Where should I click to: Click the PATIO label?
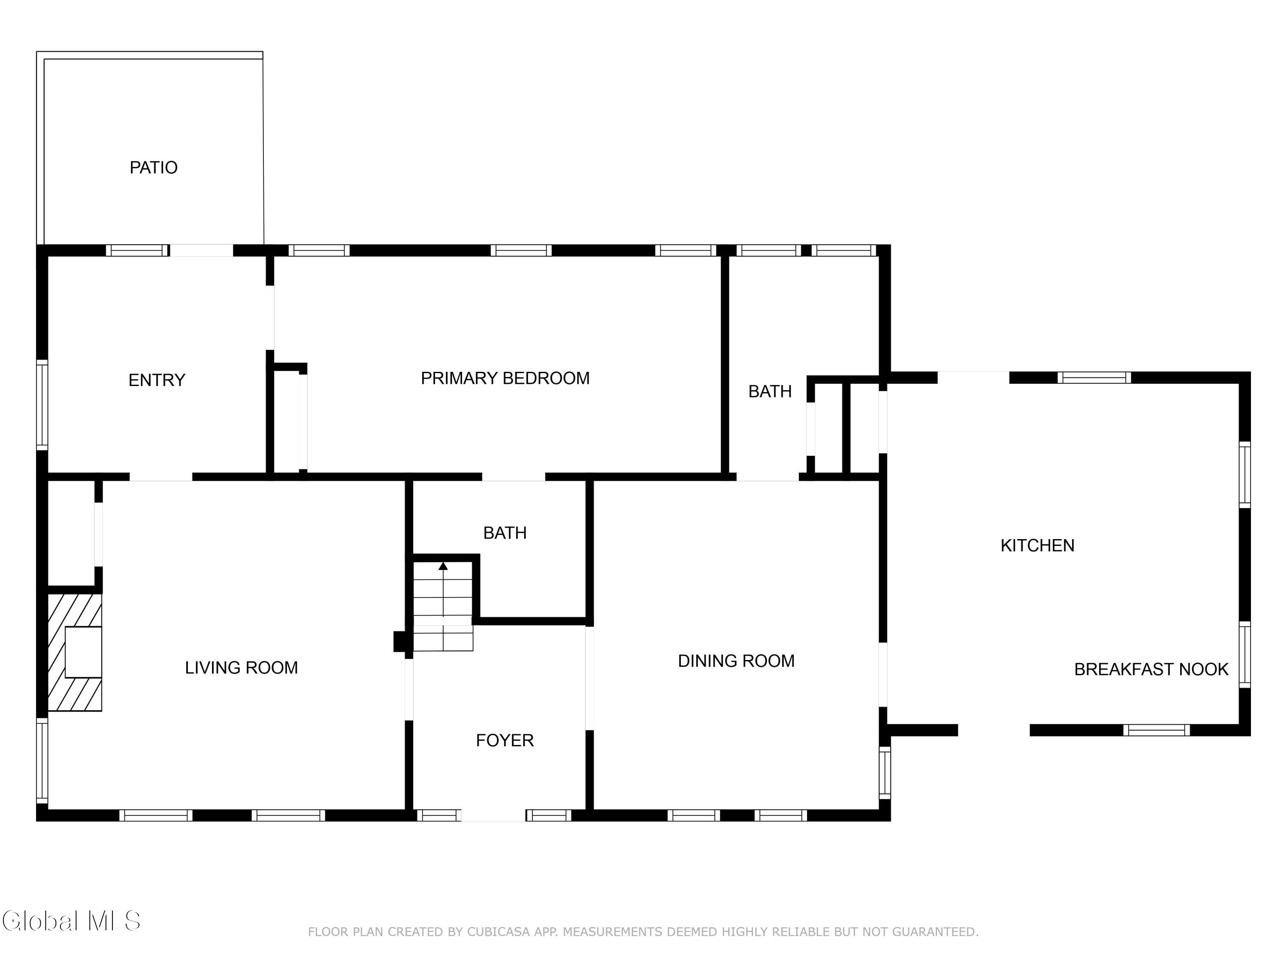[x=154, y=168]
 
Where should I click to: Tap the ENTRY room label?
[x=157, y=380]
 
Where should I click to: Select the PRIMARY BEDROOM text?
[x=505, y=378]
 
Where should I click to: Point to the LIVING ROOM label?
[x=242, y=667]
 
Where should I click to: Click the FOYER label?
[x=505, y=740]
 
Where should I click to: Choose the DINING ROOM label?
[x=736, y=661]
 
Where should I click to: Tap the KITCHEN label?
[x=1037, y=545]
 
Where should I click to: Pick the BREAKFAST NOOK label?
[x=1151, y=669]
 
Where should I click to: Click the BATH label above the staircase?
[x=505, y=533]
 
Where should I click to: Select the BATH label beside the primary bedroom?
[x=770, y=392]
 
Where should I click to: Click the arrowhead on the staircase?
[x=443, y=565]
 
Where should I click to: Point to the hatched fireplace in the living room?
[x=75, y=651]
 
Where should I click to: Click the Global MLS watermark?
[x=71, y=921]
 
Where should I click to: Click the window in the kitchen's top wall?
[x=1094, y=377]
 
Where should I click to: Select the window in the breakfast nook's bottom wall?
[x=1156, y=730]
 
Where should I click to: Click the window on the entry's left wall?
[x=42, y=405]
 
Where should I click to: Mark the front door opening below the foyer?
[x=493, y=815]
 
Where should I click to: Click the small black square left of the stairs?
[x=400, y=641]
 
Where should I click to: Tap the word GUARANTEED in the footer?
[x=934, y=932]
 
